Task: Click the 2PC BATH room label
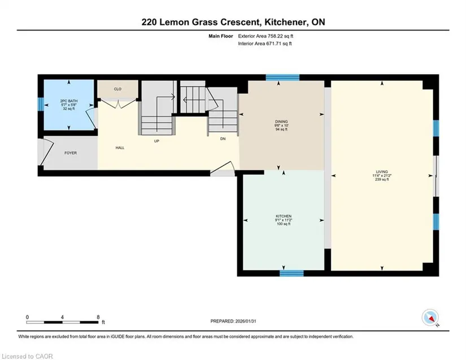(69, 101)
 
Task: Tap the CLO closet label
(117, 89)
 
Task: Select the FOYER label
(71, 153)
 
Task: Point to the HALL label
(120, 148)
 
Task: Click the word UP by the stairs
(156, 141)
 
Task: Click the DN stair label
(223, 138)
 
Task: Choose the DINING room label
(281, 122)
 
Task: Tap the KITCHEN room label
(284, 216)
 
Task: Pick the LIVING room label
(382, 172)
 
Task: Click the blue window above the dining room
(282, 77)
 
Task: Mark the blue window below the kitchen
(291, 273)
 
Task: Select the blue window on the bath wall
(41, 105)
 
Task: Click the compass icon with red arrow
(430, 318)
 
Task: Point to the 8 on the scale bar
(98, 317)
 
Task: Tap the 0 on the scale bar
(27, 317)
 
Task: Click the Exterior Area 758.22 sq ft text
(265, 36)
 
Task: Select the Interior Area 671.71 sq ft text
(265, 44)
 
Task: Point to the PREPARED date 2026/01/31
(246, 321)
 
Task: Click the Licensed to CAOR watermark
(27, 356)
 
